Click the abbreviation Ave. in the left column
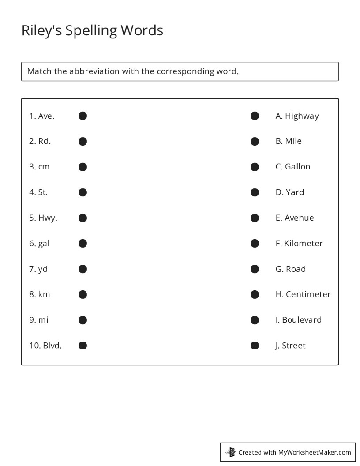(x=46, y=116)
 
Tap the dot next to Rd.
(x=82, y=141)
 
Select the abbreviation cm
(x=44, y=167)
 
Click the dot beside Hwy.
(x=82, y=218)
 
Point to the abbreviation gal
(x=44, y=244)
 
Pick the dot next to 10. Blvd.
(x=82, y=346)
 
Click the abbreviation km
(x=44, y=294)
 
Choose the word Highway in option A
(x=302, y=116)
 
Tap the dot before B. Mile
(x=255, y=141)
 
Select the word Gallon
(x=297, y=167)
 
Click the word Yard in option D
(x=295, y=192)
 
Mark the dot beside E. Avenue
(x=255, y=218)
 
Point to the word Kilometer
(x=304, y=244)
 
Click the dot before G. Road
(x=255, y=269)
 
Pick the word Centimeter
(x=308, y=294)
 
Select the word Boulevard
(x=302, y=320)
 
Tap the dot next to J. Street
(x=255, y=346)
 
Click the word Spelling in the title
(x=92, y=31)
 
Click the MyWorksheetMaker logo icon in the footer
(x=230, y=452)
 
